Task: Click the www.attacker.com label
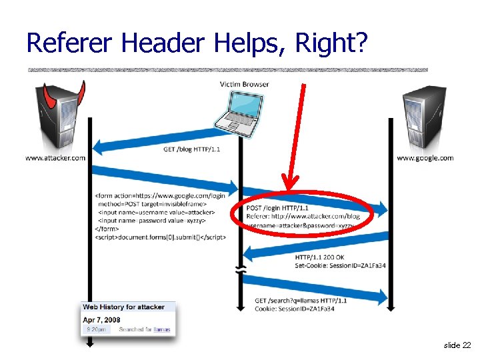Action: (55, 158)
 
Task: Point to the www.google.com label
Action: (425, 158)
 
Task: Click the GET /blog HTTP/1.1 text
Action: (191, 149)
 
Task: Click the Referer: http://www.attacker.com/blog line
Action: (304, 217)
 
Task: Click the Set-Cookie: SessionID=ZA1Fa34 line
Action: (340, 266)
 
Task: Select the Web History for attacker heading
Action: (123, 307)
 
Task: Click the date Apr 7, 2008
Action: (101, 319)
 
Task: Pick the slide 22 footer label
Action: (457, 345)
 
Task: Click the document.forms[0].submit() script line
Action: (160, 237)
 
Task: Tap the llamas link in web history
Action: (161, 329)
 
